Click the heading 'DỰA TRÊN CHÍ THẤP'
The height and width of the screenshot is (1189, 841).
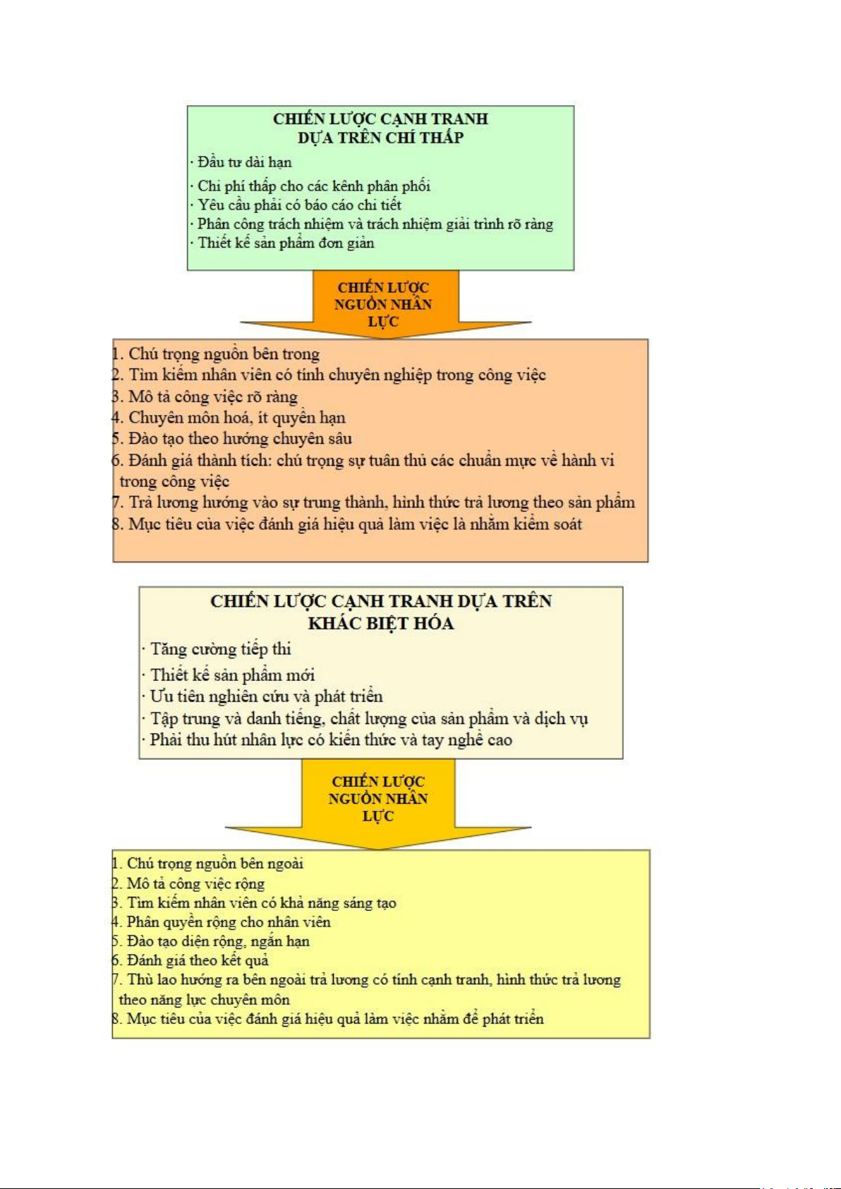pos(380,138)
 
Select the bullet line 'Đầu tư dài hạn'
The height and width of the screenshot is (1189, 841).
pos(241,162)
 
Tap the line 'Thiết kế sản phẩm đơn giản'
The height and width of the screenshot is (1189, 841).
pos(282,243)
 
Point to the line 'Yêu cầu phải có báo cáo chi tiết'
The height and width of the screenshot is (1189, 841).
pos(296,205)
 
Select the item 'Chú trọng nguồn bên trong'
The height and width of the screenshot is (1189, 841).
pos(216,354)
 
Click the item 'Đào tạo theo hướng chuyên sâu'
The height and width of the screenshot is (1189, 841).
pos(232,440)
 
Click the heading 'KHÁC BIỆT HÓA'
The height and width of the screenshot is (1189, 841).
pos(381,623)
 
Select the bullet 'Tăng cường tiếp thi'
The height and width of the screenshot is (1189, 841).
pos(217,650)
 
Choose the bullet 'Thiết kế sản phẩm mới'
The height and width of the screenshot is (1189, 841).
pos(228,676)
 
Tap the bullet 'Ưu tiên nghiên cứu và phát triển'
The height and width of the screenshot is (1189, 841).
pos(262,697)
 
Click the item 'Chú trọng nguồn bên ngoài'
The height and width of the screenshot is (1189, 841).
pos(207,864)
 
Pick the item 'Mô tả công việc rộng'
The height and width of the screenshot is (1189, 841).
pos(188,883)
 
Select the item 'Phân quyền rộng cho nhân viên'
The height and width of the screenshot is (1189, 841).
pos(222,922)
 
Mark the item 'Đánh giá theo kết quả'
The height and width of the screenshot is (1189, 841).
pos(190,960)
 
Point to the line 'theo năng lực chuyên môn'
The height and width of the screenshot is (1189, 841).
pos(205,1000)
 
